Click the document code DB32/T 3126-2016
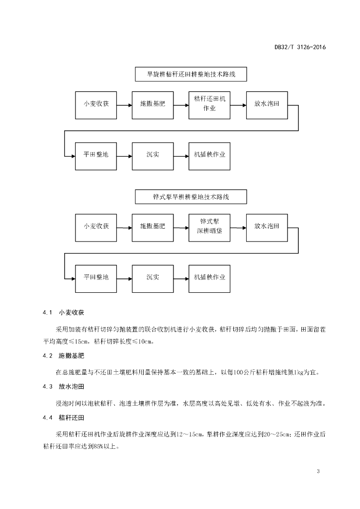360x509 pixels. [300, 47]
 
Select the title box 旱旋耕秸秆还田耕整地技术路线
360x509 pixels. [191, 75]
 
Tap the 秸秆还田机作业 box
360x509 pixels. [209, 105]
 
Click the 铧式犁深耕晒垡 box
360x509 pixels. [209, 228]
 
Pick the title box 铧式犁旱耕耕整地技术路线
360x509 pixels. [191, 197]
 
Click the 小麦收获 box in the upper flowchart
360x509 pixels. [96, 105]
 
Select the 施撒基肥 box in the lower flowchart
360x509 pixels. [153, 228]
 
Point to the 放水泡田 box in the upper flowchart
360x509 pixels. [267, 105]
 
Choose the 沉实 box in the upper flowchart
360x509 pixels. [153, 156]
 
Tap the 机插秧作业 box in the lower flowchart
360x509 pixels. [209, 278]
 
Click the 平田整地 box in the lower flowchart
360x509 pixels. [96, 278]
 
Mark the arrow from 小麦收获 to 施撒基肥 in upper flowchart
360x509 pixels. [124, 105]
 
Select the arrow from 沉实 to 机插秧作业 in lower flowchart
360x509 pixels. [181, 278]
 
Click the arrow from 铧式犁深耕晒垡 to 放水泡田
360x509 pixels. [238, 228]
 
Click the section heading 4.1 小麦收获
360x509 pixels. [63, 313]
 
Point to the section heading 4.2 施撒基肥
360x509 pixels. [63, 356]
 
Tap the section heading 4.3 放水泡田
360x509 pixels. [63, 387]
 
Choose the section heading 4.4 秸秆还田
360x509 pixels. [63, 418]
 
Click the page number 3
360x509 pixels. [318, 471]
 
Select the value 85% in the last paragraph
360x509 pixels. [98, 447]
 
